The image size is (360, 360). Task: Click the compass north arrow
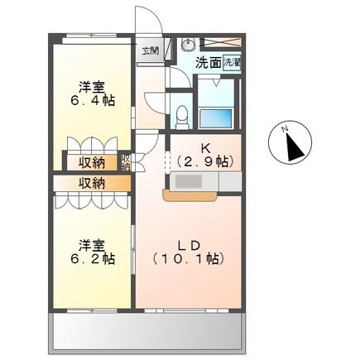292,147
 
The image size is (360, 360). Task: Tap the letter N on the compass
284,129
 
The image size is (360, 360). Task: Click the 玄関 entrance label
149,52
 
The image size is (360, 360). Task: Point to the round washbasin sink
187,45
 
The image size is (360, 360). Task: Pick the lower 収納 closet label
92,183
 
